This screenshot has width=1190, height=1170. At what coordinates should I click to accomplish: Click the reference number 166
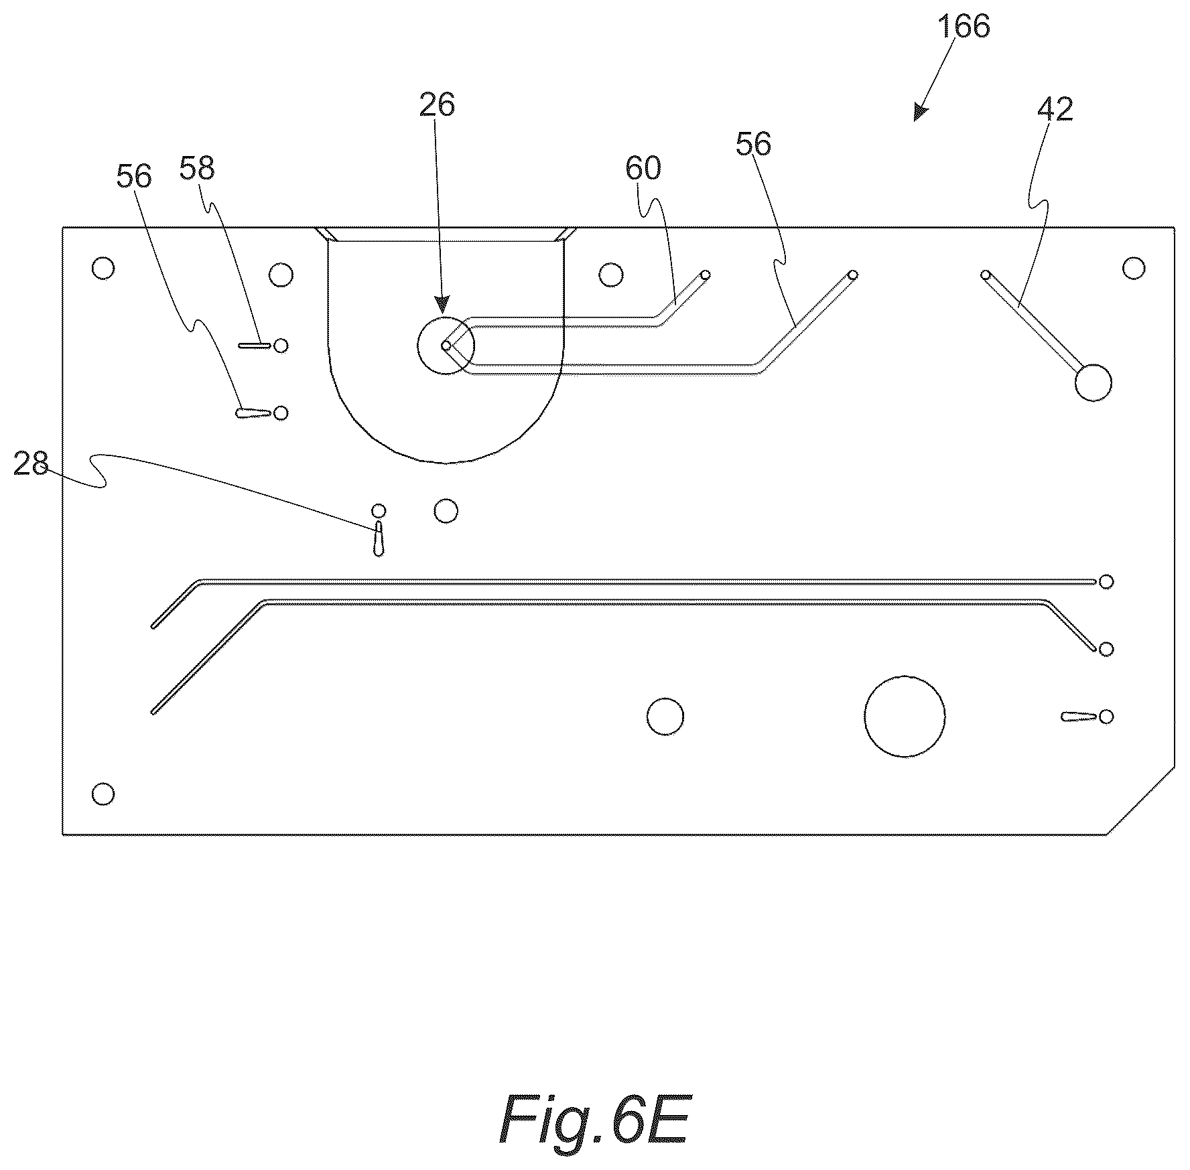964,27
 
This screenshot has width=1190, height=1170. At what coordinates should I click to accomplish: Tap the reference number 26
438,105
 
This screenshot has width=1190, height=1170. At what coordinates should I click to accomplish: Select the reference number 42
1055,109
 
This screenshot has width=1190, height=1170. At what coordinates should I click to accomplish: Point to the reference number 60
643,168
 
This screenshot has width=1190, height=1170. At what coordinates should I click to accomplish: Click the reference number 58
197,168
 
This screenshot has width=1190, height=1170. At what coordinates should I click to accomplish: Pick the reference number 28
31,463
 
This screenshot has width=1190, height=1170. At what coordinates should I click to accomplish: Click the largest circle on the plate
905,716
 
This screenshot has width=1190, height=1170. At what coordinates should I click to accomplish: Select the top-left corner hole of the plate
103,269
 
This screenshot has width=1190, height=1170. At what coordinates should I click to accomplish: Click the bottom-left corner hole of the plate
103,794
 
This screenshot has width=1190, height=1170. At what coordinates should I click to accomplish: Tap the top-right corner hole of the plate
1134,269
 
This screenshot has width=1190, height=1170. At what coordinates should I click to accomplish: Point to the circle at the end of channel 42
1093,383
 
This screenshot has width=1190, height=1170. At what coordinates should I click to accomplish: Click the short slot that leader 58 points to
255,346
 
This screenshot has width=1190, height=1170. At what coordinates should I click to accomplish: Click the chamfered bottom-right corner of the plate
1141,801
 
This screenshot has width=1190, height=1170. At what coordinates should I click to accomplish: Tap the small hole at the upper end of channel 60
705,275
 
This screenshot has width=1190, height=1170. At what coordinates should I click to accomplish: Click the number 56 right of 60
754,144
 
